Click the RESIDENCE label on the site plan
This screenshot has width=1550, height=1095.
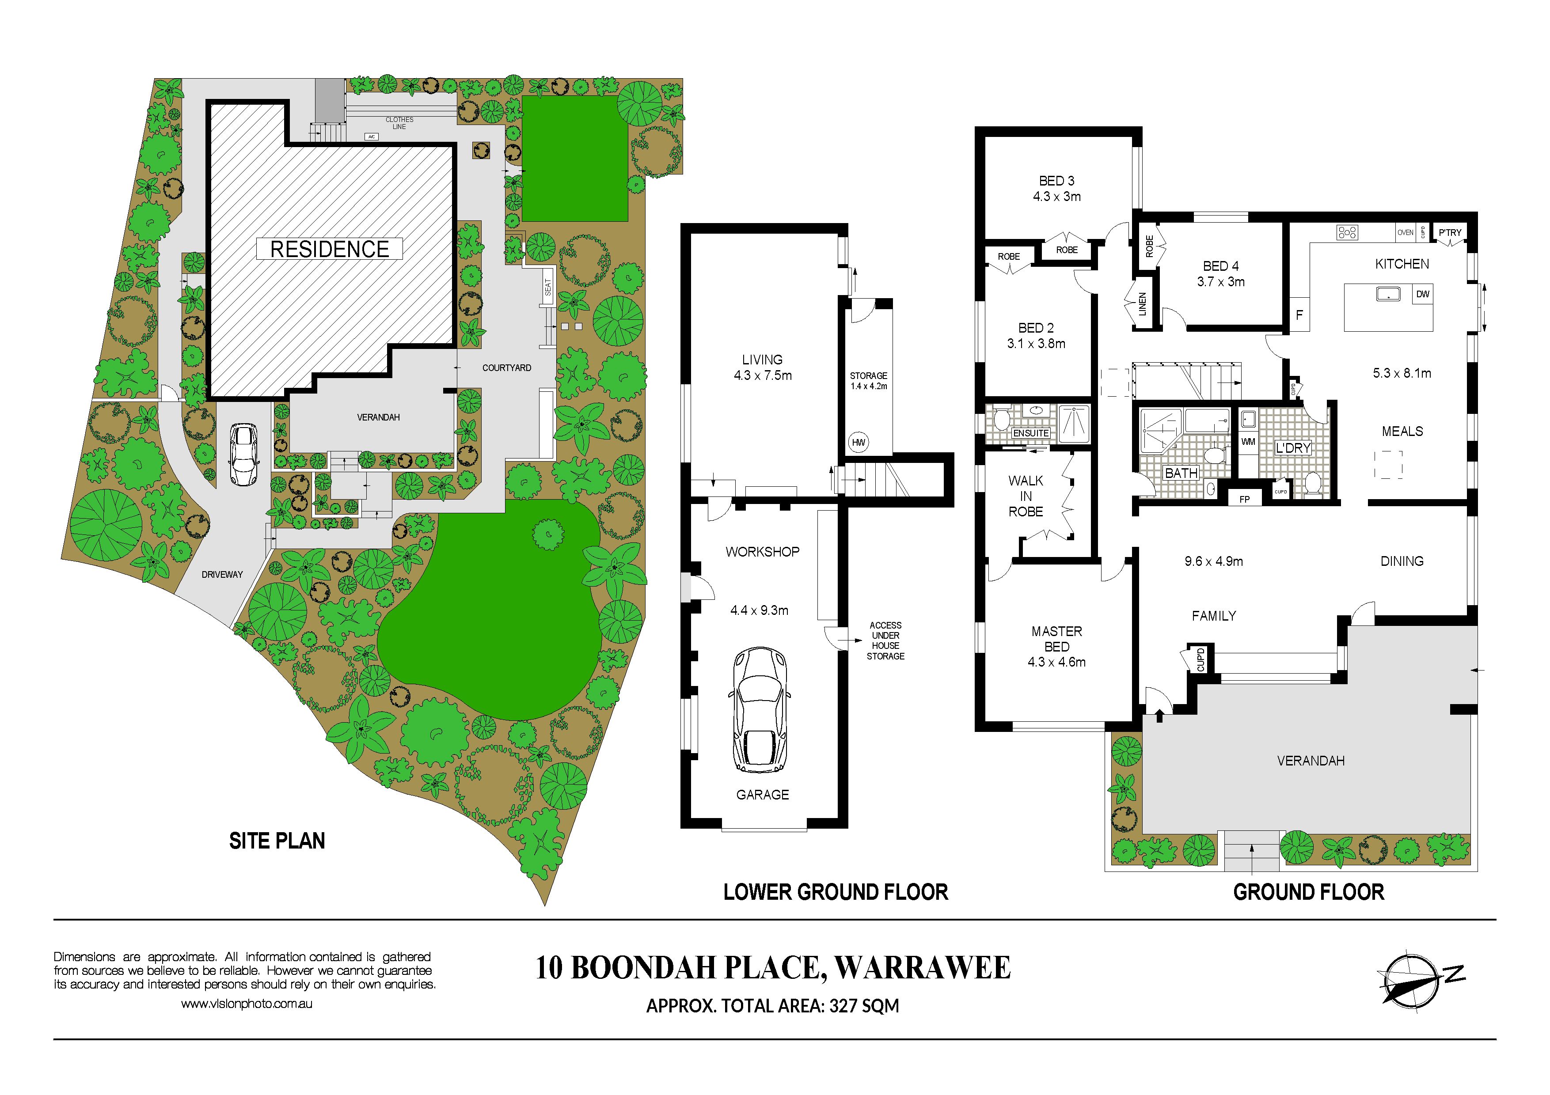[330, 249]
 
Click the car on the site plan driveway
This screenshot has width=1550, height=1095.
[243, 454]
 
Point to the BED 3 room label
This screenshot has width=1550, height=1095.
[1056, 181]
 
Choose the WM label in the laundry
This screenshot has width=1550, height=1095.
[1248, 442]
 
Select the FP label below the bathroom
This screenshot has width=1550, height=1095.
[1245, 499]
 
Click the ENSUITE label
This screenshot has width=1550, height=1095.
[1031, 433]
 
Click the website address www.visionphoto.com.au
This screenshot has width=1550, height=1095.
[247, 1004]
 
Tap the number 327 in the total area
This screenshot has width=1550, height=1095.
[843, 1006]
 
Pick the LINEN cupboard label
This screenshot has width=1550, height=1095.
[1142, 304]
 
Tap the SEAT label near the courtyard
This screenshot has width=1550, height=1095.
[547, 288]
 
